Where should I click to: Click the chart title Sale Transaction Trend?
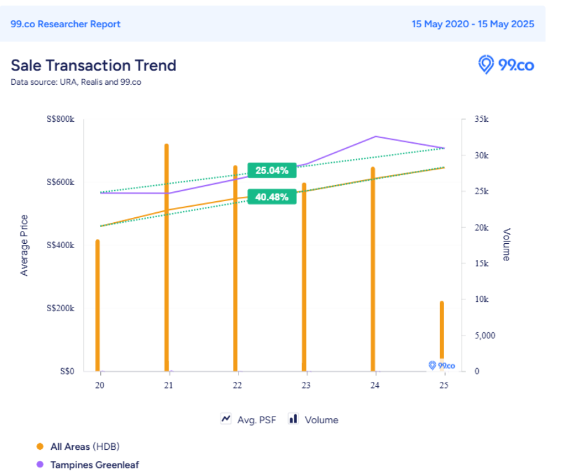[93, 65]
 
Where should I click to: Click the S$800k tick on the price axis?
[61, 119]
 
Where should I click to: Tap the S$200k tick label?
[61, 308]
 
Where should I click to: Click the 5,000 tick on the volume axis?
[484, 335]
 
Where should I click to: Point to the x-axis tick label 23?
[305, 385]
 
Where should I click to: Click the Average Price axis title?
[24, 245]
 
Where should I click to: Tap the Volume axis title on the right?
[506, 245]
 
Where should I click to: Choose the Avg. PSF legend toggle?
[248, 420]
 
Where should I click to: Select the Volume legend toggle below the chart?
[313, 420]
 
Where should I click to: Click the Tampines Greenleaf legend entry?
[94, 464]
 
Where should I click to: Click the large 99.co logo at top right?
[506, 64]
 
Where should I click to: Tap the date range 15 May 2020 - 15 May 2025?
[473, 24]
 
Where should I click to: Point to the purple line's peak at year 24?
[376, 136]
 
